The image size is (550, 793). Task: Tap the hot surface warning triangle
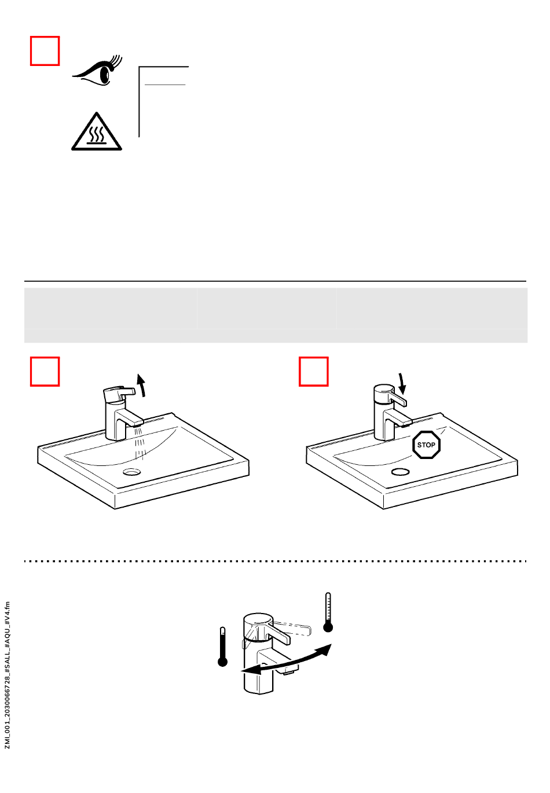tap(96, 133)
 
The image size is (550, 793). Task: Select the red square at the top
tap(45, 51)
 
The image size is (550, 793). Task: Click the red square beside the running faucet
tap(45, 372)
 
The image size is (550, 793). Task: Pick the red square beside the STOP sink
tap(314, 372)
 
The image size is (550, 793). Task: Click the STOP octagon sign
tap(427, 445)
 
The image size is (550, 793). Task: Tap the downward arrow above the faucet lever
tap(402, 384)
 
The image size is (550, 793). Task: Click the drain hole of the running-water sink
tap(132, 472)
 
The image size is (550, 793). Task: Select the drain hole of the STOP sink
tap(401, 472)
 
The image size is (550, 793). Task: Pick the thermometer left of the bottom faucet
tap(222, 647)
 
